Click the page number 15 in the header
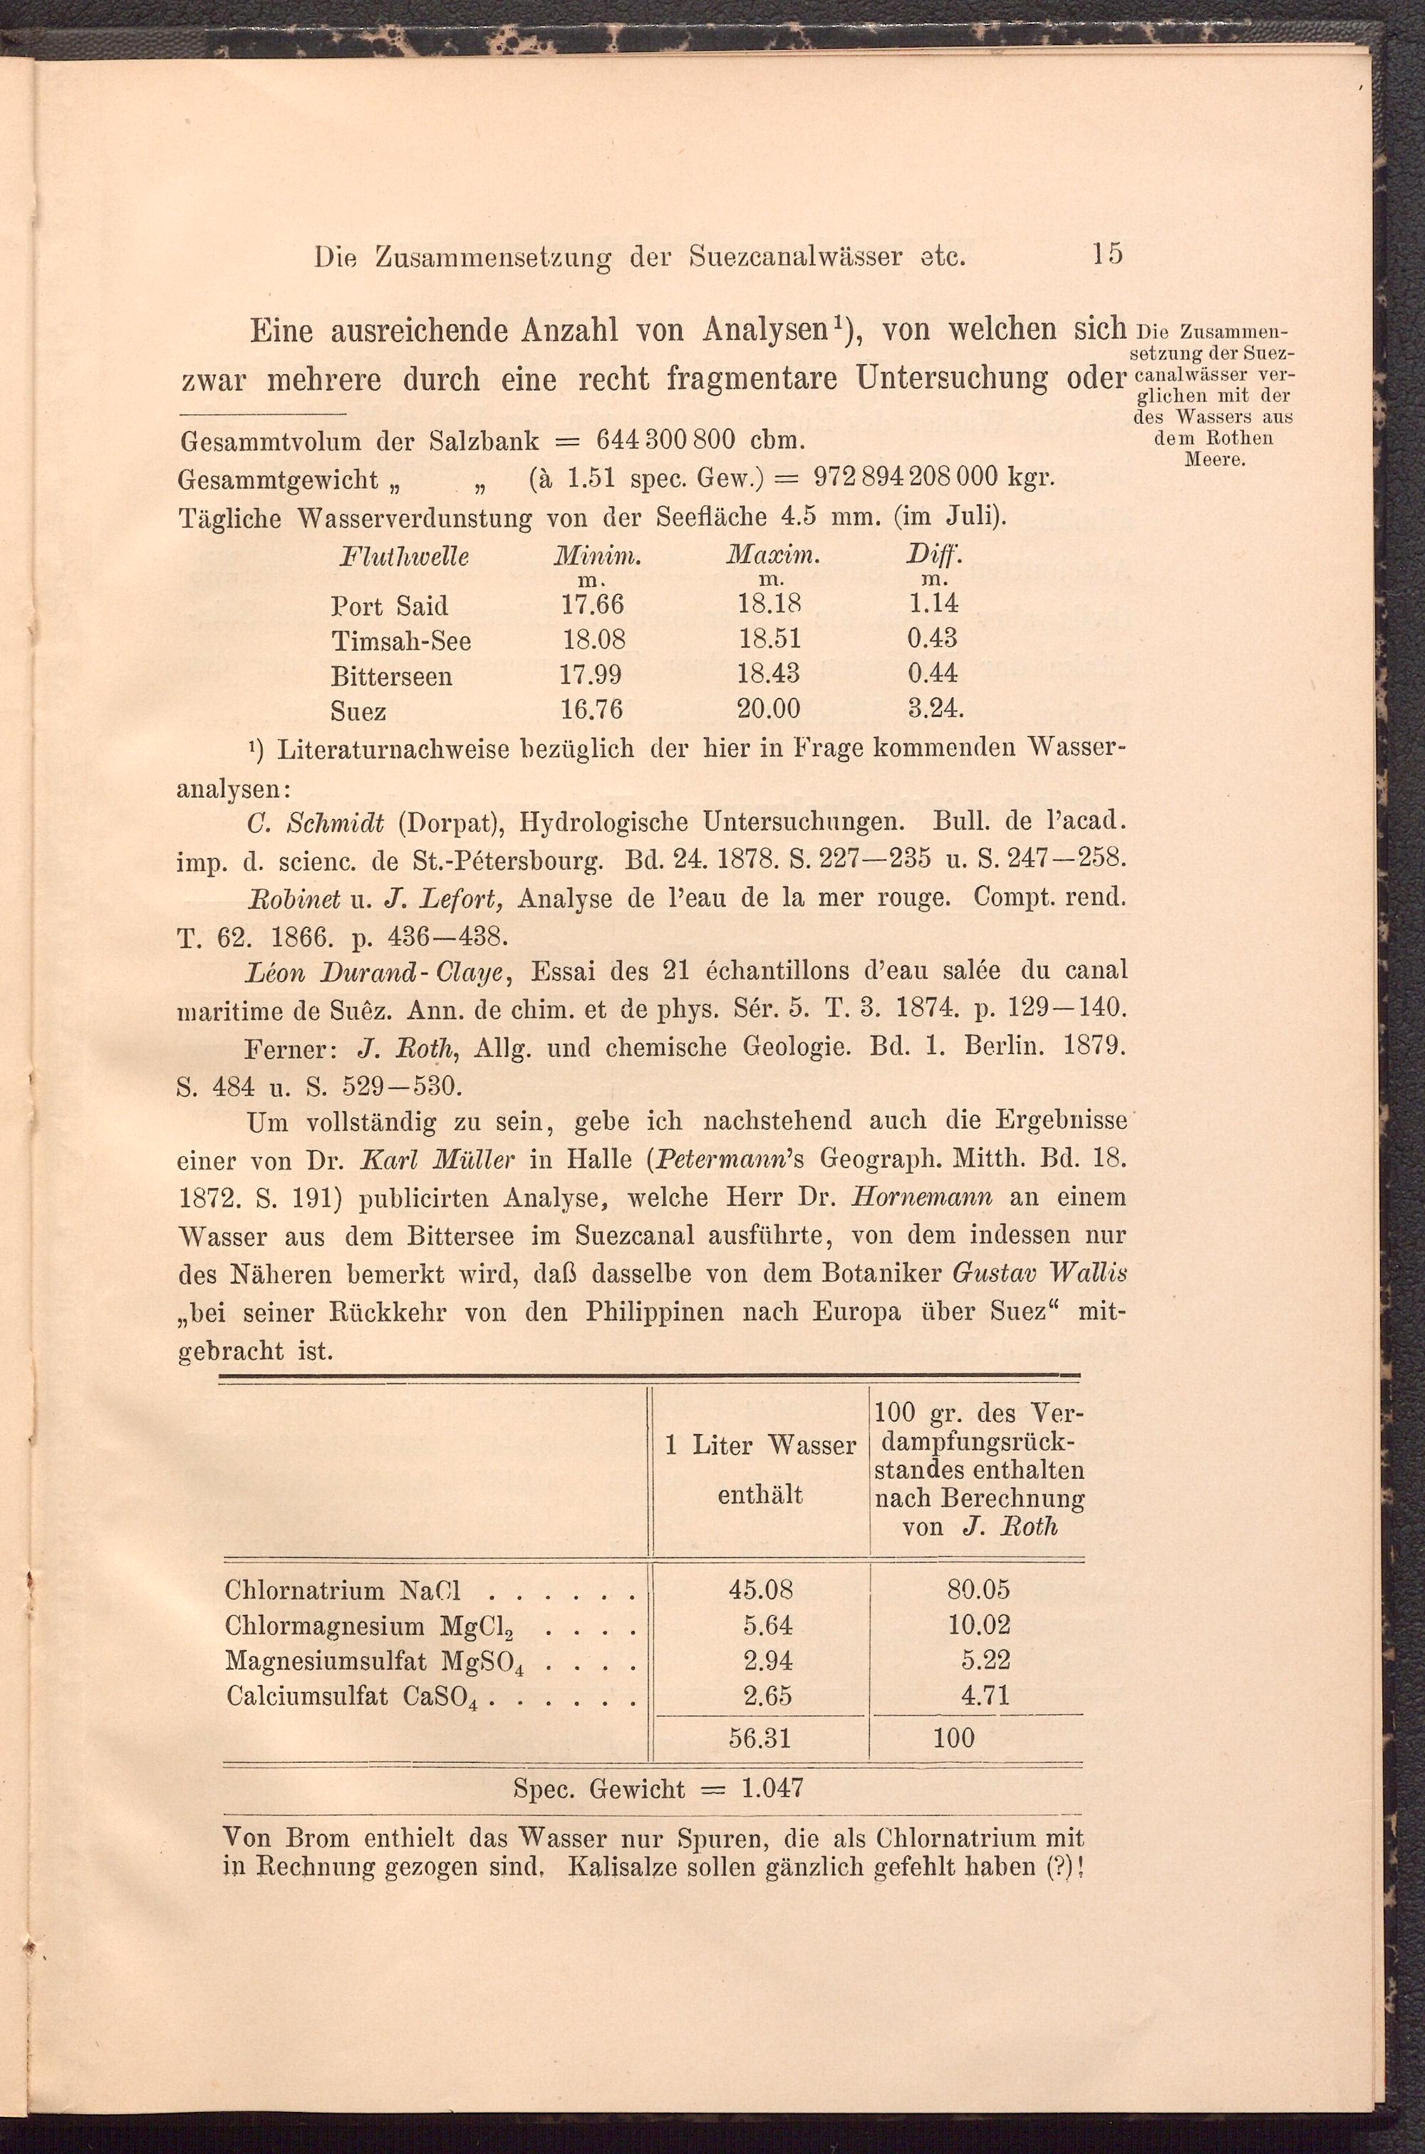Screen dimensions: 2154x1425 click(1107, 252)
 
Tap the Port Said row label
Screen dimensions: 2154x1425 click(390, 605)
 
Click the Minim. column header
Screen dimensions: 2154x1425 click(598, 555)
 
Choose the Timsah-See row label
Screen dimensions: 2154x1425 click(400, 641)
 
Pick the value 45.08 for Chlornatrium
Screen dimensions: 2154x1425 click(761, 1589)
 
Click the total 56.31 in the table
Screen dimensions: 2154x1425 click(761, 1738)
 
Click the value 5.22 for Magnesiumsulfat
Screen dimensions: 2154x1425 click(985, 1661)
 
